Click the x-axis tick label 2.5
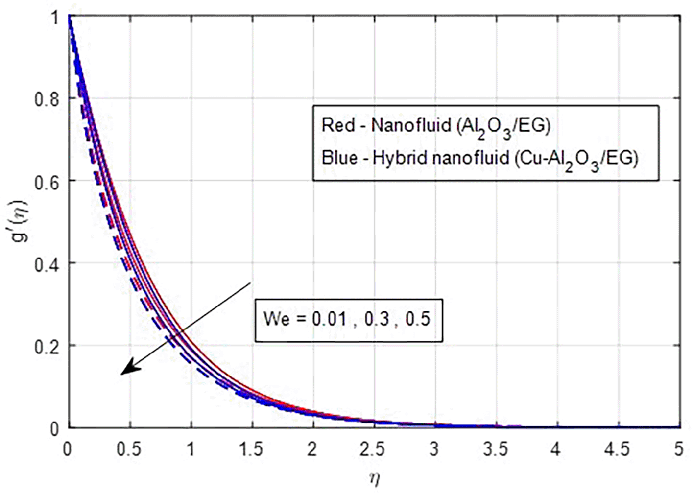[x=373, y=449]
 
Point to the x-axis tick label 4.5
[x=617, y=449]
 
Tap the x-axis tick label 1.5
[x=252, y=449]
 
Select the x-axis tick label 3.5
[x=495, y=449]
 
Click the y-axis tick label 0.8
[x=47, y=99]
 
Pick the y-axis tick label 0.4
[x=47, y=264]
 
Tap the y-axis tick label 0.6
[x=47, y=182]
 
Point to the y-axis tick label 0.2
[x=47, y=347]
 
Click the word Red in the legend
[x=337, y=125]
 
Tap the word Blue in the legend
[x=339, y=158]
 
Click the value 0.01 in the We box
[x=329, y=319]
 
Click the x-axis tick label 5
[x=678, y=449]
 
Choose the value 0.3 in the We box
[x=377, y=319]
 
